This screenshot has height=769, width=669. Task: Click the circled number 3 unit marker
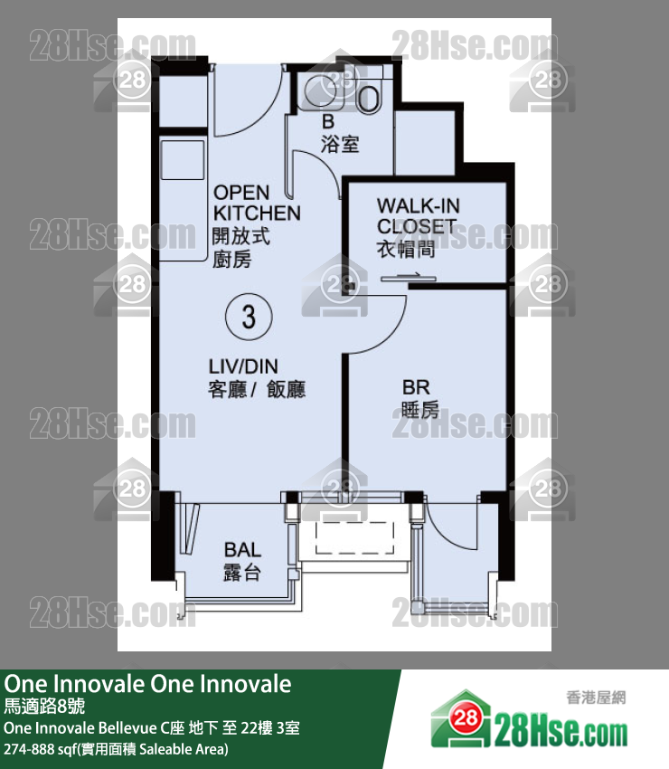click(x=249, y=317)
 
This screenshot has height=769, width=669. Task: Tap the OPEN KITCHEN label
click(x=257, y=203)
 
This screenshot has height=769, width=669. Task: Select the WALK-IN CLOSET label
click(x=418, y=216)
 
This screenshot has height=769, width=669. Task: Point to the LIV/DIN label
click(x=243, y=366)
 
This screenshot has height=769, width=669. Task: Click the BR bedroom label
click(x=416, y=387)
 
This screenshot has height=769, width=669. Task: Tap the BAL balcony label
click(x=242, y=549)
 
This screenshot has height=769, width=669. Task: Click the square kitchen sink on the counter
click(x=183, y=160)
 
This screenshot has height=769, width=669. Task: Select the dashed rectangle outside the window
click(x=354, y=537)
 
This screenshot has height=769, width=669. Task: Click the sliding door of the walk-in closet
click(x=409, y=279)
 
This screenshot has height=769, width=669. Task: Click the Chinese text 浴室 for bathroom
click(x=340, y=144)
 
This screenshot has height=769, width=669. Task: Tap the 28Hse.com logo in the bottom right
click(x=529, y=721)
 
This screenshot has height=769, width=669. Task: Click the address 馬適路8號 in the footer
click(x=44, y=706)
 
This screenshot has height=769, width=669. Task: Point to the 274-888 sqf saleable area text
click(x=116, y=749)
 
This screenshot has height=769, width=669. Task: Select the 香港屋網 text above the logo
click(x=596, y=698)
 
